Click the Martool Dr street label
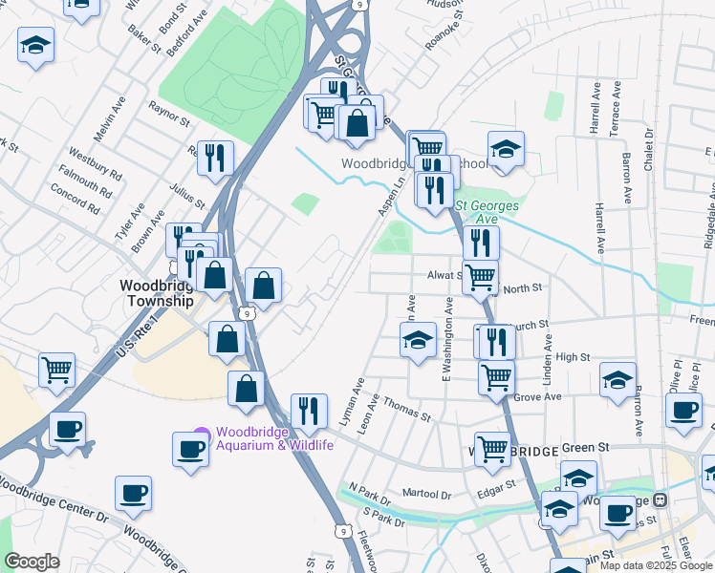point(425,494)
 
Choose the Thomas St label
point(408,408)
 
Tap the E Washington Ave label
point(446,340)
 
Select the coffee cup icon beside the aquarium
point(190,448)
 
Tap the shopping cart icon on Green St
point(492,447)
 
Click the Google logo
point(32,562)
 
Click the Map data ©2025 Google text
point(657,565)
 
